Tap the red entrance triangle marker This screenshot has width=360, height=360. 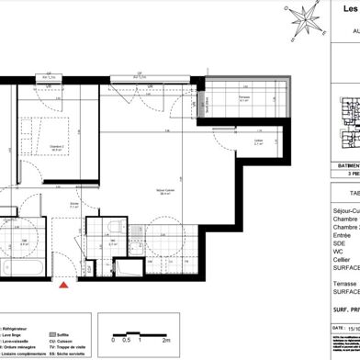tap(63, 286)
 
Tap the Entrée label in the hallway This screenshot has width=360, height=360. tap(74, 205)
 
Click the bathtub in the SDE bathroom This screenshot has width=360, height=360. tap(17, 269)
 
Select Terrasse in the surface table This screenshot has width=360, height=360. tap(344, 286)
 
